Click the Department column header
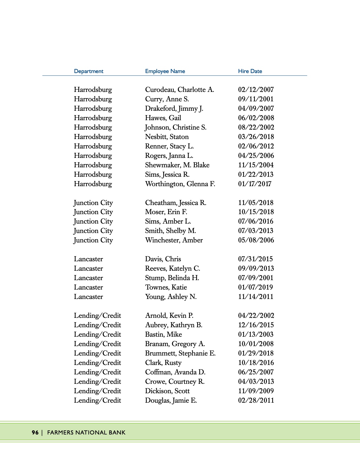(x=89, y=71)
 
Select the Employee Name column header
(x=165, y=71)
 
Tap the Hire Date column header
(x=250, y=71)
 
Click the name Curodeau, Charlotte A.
(x=179, y=90)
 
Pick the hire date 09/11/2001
(x=256, y=99)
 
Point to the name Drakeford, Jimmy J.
(x=174, y=108)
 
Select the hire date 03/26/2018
(x=256, y=137)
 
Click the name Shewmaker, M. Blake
(x=177, y=165)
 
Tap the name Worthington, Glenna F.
(x=180, y=184)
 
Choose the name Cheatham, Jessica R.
(x=176, y=203)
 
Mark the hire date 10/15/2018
(x=256, y=212)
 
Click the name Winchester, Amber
(x=174, y=240)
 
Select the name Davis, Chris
(x=163, y=259)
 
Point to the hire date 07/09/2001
(x=256, y=278)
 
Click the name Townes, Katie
(x=166, y=287)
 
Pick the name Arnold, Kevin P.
(x=169, y=315)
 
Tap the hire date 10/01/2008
(x=256, y=344)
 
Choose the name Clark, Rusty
(x=163, y=363)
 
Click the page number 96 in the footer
(x=35, y=432)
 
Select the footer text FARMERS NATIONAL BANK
(x=86, y=432)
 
